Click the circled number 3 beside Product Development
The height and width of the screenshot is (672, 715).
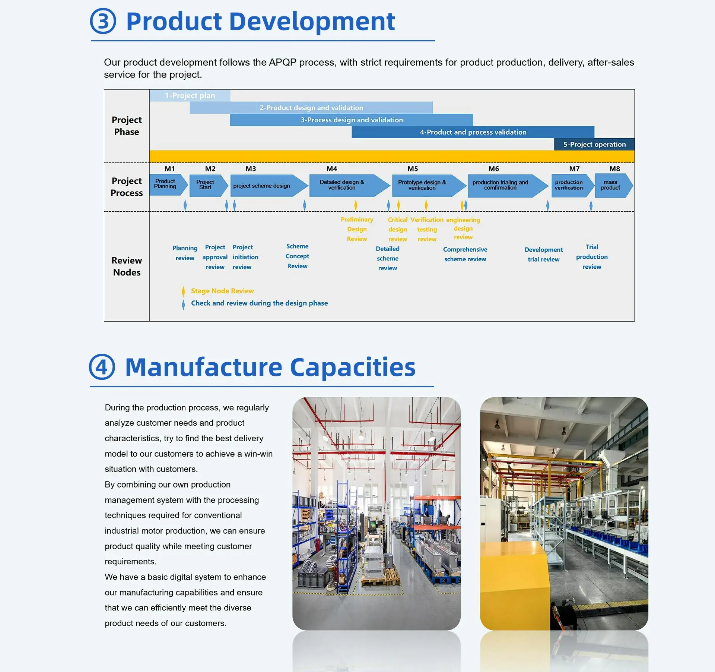[x=103, y=21]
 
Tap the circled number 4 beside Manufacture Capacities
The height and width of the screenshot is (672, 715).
[x=102, y=367]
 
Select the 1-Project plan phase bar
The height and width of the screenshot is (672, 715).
[x=190, y=95]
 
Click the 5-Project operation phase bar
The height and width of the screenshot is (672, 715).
[x=594, y=144]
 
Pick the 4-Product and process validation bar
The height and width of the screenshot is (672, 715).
[x=473, y=132]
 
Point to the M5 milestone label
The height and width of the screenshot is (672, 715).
[x=413, y=169]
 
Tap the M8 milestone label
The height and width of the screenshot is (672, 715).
[x=615, y=169]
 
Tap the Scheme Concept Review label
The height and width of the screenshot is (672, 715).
[x=297, y=256]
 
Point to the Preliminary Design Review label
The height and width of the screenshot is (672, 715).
[x=357, y=229]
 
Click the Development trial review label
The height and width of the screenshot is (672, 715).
[x=544, y=255]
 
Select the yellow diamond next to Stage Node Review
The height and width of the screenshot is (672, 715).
[x=183, y=291]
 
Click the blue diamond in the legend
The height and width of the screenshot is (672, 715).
[x=183, y=305]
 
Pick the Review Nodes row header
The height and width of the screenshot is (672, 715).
[x=127, y=266]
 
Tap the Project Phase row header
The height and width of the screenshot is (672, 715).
[x=127, y=126]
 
